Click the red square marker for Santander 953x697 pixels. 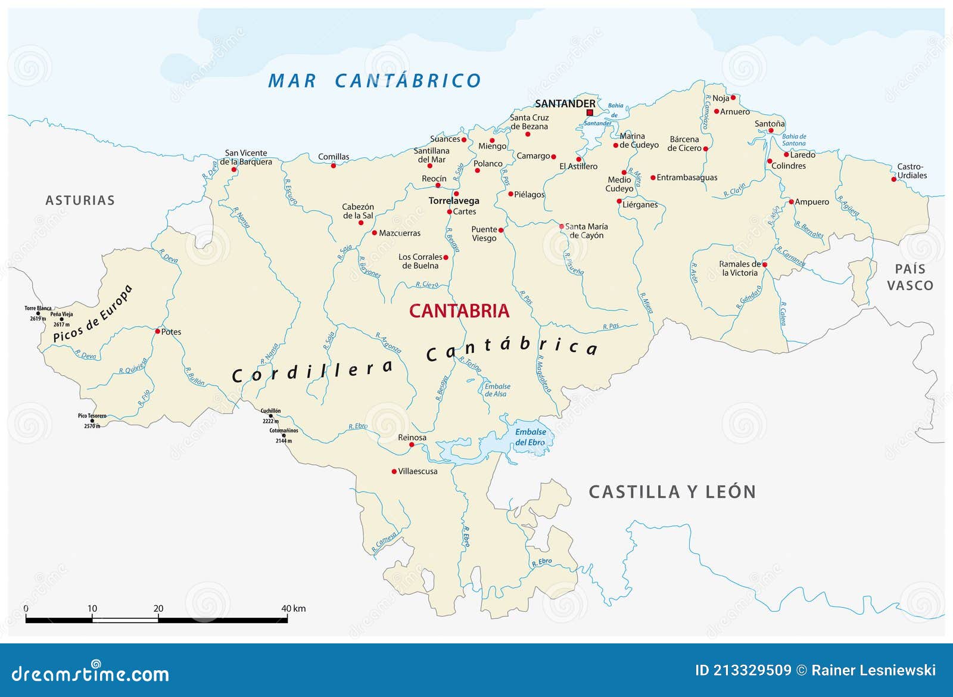tap(590, 113)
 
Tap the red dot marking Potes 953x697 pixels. tap(157, 331)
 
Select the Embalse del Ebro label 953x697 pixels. tap(530, 437)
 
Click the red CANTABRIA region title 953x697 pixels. tap(459, 311)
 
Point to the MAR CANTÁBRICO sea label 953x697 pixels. tap(374, 81)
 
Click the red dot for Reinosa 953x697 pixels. tap(412, 444)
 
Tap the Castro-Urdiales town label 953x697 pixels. tap(911, 171)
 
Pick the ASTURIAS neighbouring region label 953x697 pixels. tap(80, 201)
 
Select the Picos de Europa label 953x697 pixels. tap(92, 314)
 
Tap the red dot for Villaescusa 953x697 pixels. tap(394, 471)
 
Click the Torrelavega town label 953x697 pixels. tap(453, 201)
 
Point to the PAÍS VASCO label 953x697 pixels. tap(910, 278)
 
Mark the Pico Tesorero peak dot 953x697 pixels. tap(92, 421)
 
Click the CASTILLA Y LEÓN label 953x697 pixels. tap(672, 492)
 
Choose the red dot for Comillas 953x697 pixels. tap(333, 166)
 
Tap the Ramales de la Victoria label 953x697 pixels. tap(739, 269)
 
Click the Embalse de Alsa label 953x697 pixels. tap(497, 390)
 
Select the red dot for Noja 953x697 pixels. tap(733, 98)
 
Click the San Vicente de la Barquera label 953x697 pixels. tap(245, 157)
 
